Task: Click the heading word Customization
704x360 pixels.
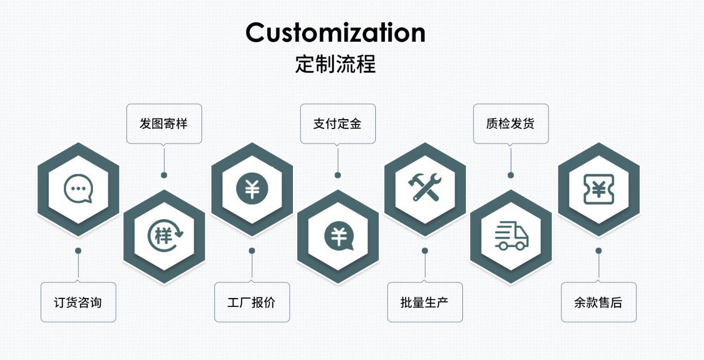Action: tap(335, 33)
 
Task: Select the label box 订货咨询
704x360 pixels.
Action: tap(78, 302)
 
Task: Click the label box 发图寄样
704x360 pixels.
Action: tap(164, 124)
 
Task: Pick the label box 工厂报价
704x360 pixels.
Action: tap(252, 302)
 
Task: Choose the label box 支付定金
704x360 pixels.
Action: tap(337, 124)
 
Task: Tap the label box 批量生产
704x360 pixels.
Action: tap(425, 302)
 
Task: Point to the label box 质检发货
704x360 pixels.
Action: tap(510, 124)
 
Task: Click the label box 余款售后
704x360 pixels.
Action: tap(598, 302)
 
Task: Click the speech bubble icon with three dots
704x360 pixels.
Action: tap(78, 188)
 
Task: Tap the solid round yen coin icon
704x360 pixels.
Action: tap(252, 188)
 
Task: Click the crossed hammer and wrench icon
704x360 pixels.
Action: tap(425, 188)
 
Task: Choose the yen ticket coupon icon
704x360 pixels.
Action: tap(598, 188)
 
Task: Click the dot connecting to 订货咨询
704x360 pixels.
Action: tap(78, 250)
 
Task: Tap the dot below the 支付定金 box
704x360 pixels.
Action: tap(337, 175)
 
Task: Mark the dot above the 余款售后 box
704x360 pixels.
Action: tap(598, 250)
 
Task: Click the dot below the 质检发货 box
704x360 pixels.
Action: tap(510, 175)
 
